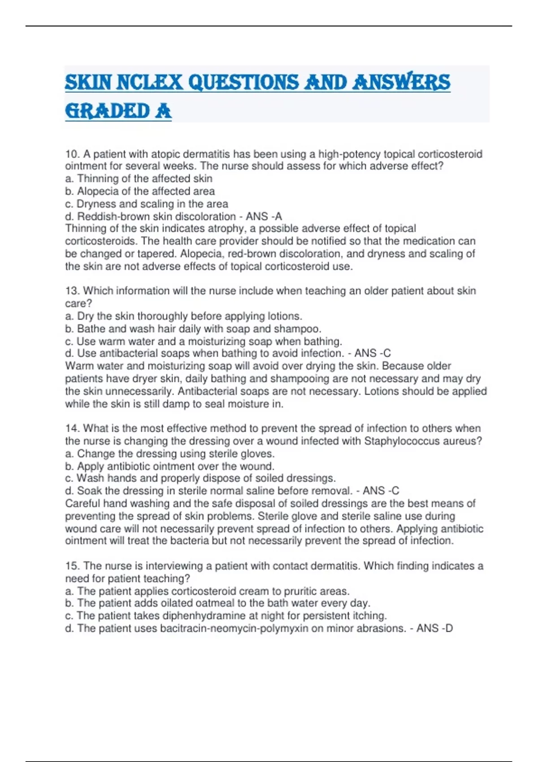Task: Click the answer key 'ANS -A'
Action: (x=264, y=216)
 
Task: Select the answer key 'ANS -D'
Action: (x=434, y=628)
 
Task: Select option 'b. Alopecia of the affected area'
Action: (x=140, y=191)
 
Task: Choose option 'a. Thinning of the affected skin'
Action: (x=139, y=179)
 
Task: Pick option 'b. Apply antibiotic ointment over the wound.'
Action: (x=169, y=466)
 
